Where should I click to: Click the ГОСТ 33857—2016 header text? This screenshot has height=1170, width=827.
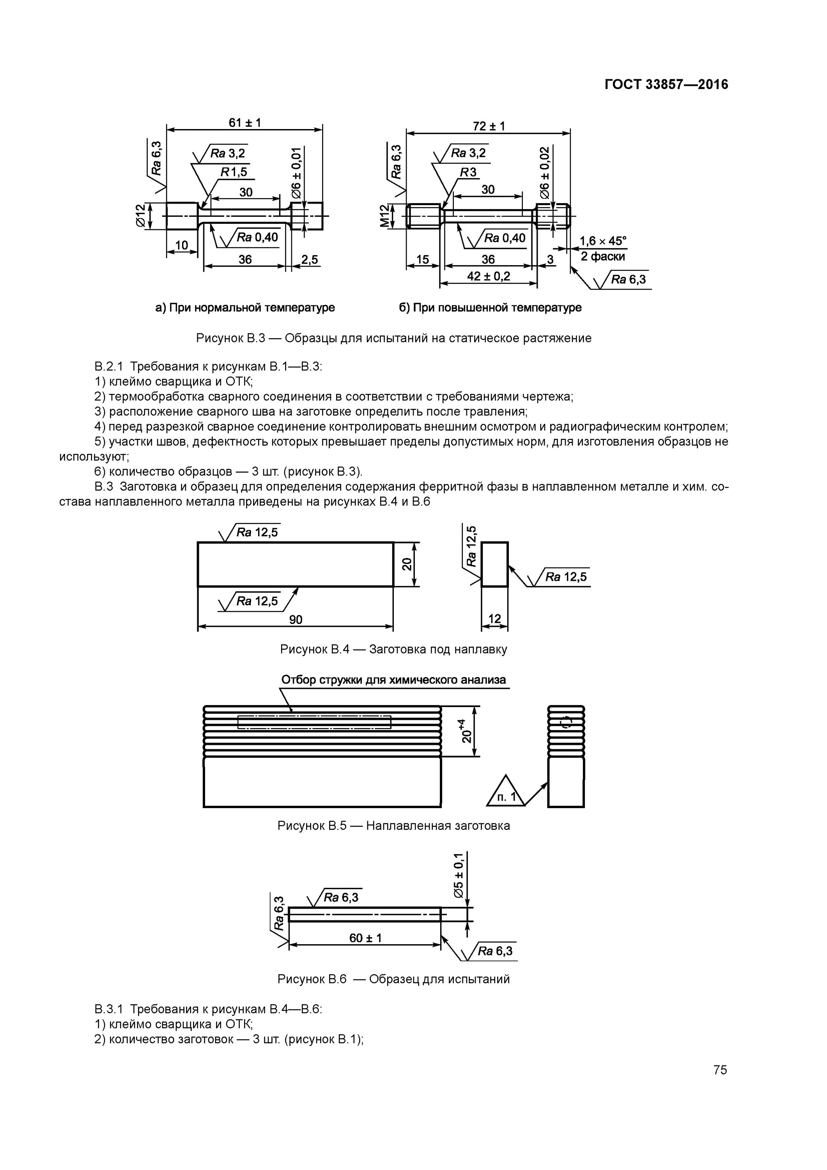tap(666, 84)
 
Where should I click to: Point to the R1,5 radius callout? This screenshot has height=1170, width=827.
tap(234, 172)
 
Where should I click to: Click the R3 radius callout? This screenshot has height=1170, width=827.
tap(468, 172)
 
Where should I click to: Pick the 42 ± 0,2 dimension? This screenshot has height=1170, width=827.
tap(489, 276)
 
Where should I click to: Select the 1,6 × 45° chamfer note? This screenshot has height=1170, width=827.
tap(603, 241)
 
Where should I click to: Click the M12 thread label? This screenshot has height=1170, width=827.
tap(385, 216)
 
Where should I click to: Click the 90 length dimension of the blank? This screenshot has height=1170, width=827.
tap(296, 619)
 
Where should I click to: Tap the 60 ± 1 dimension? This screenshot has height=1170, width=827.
tap(365, 938)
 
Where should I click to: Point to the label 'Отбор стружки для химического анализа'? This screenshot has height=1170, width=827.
tap(393, 680)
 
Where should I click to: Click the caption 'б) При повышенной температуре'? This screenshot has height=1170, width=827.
tap(490, 308)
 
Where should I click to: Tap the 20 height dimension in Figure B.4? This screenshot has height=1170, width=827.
tap(407, 564)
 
